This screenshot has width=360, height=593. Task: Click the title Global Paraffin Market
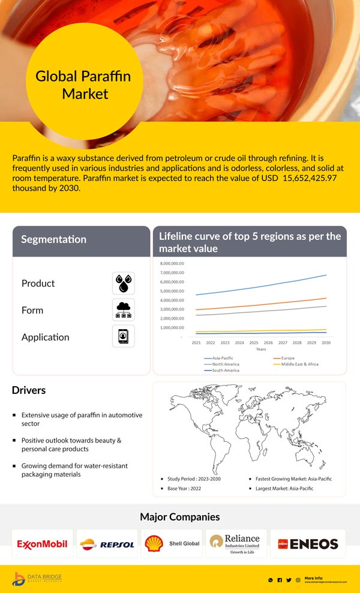click(x=83, y=85)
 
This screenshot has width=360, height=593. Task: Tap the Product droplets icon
click(x=124, y=283)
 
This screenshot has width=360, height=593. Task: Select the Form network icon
click(x=124, y=309)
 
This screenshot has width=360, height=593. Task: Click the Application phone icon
click(x=124, y=336)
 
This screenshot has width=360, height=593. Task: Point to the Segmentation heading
click(x=54, y=239)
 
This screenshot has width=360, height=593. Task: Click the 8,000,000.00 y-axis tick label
click(x=172, y=264)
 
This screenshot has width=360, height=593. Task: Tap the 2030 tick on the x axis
click(x=326, y=343)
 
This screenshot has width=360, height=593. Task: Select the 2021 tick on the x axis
click(x=196, y=343)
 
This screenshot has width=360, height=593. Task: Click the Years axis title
click(x=261, y=349)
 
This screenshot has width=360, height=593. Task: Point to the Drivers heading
click(x=29, y=390)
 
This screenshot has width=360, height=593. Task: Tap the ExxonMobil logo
click(x=42, y=544)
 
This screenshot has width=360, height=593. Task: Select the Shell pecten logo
click(x=154, y=543)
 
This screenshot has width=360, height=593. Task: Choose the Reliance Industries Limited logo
click(x=236, y=543)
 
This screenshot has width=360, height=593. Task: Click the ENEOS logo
click(x=308, y=544)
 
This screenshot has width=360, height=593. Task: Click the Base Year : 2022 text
click(x=184, y=489)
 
